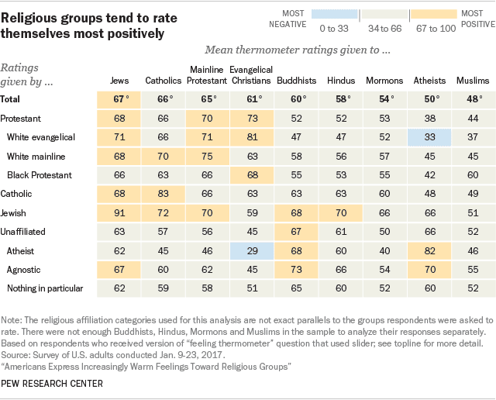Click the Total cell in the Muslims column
473,99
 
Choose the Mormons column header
384,81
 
